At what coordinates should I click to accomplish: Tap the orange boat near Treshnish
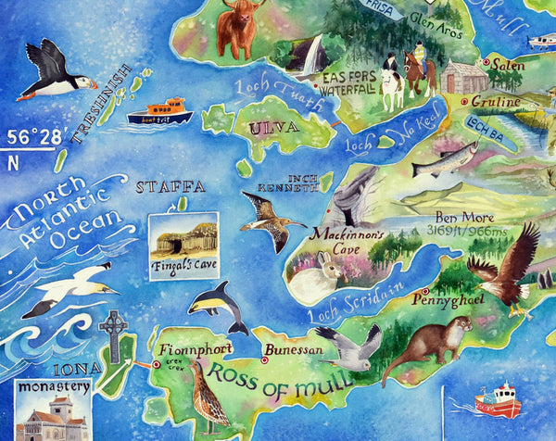(x=158, y=112)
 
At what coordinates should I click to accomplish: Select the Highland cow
(x=240, y=28)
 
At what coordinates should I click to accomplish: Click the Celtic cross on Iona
(x=113, y=335)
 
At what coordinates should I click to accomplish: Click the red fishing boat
(x=498, y=400)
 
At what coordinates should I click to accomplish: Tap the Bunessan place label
(x=295, y=351)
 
